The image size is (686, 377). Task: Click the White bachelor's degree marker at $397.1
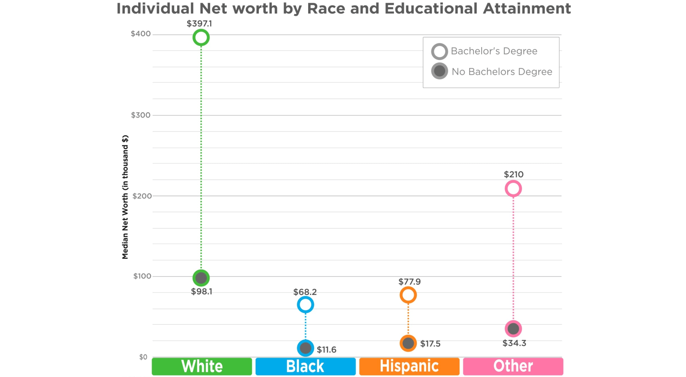(x=201, y=38)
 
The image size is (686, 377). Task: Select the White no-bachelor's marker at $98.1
(x=201, y=278)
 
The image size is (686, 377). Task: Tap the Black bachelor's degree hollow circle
(x=305, y=304)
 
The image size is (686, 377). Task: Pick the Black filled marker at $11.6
(x=305, y=348)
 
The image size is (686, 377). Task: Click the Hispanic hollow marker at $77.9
(x=408, y=295)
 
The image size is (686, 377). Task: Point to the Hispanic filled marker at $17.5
(x=408, y=343)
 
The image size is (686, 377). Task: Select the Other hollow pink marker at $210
(x=513, y=189)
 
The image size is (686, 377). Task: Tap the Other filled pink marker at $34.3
(x=513, y=329)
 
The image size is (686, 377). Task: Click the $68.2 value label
(x=305, y=292)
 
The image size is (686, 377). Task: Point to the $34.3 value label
(x=514, y=343)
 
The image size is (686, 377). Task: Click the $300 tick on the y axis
(x=141, y=115)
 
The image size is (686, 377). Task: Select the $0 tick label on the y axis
(x=143, y=357)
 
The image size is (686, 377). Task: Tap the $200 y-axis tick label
(x=142, y=196)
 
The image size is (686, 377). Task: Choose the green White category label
(x=202, y=366)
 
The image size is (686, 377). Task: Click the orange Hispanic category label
(x=409, y=366)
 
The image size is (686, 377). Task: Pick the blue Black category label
(x=305, y=366)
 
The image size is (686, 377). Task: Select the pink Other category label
(x=513, y=366)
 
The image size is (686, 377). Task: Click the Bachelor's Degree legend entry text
(x=494, y=51)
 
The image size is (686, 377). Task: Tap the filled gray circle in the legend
(x=439, y=71)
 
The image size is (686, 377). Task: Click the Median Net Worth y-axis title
(x=125, y=197)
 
